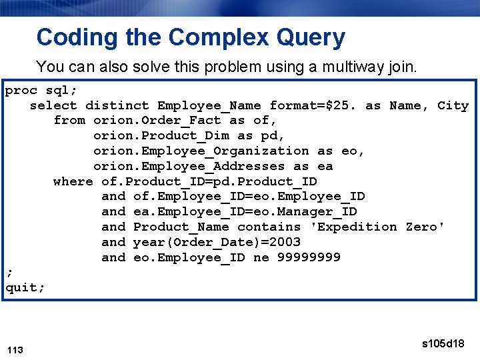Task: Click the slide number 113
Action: (15, 350)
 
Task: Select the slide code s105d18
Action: (443, 345)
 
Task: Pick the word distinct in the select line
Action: (117, 105)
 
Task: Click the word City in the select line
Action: (453, 105)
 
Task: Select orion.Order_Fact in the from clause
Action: (157, 121)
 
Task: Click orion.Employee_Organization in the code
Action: (201, 151)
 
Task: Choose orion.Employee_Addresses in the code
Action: (189, 166)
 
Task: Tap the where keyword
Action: (73, 181)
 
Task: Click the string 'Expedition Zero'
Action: (378, 227)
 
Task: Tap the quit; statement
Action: (25, 287)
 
